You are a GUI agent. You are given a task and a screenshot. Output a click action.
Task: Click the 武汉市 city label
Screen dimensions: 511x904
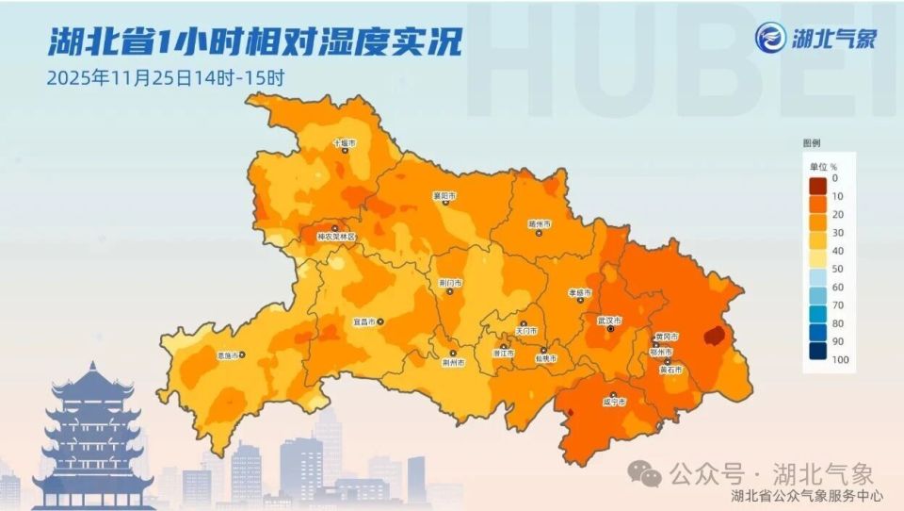pos(610,321)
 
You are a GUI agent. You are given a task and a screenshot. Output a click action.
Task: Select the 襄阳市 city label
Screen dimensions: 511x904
pos(444,196)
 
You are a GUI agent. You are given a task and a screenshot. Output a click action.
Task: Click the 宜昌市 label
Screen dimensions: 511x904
pos(363,321)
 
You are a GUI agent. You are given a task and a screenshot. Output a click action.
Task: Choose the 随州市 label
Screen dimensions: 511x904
pos(539,224)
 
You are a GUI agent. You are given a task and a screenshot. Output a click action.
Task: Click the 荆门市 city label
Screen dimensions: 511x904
pos(450,282)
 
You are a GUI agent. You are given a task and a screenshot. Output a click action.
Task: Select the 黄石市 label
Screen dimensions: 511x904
pos(670,371)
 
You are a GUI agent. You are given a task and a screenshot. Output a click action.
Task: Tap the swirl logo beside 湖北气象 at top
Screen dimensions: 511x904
pos(771,40)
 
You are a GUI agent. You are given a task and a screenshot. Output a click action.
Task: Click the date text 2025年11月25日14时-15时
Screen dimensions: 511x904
pos(166,77)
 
